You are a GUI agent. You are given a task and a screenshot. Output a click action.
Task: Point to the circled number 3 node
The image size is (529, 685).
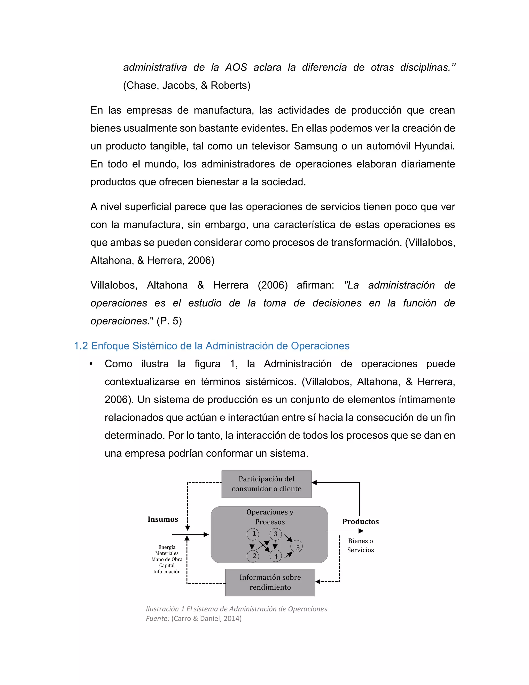click(x=275, y=534)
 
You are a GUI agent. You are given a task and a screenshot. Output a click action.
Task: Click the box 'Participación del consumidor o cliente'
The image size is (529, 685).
click(x=266, y=484)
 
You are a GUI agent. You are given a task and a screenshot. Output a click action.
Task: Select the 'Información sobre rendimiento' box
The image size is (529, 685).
click(x=270, y=582)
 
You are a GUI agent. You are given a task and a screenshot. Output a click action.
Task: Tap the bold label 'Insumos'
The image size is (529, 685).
click(x=163, y=519)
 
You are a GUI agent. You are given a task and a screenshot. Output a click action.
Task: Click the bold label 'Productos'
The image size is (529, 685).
click(x=360, y=522)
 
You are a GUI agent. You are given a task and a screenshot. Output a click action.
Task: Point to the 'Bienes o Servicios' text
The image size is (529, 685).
click(x=360, y=545)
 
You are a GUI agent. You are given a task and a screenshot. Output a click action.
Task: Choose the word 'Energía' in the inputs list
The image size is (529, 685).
click(x=167, y=547)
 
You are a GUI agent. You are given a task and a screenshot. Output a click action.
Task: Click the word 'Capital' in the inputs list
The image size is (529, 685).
click(x=167, y=566)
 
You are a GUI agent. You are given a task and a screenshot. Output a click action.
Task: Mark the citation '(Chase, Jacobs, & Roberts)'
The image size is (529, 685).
click(x=187, y=85)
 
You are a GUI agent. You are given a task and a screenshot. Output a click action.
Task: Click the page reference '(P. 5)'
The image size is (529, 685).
click(x=169, y=321)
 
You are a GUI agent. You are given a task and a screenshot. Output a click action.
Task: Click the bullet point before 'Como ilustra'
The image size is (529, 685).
click(x=91, y=364)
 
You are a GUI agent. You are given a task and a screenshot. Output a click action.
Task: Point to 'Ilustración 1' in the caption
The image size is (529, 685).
click(x=165, y=609)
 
